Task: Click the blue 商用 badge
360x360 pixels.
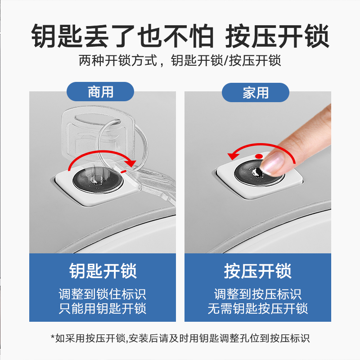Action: [x=100, y=92]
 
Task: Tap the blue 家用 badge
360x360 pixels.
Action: [x=255, y=93]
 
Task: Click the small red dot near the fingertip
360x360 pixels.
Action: [x=259, y=156]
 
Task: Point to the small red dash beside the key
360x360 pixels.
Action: [x=123, y=171]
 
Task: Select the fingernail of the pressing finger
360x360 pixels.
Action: [x=273, y=162]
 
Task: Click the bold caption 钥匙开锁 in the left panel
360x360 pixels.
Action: [x=103, y=271]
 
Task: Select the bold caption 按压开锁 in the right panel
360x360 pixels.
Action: [x=257, y=271]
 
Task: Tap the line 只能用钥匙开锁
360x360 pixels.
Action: [x=103, y=309]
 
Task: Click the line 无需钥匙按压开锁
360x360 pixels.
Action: [x=257, y=309]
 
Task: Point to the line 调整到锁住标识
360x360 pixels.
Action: [x=103, y=294]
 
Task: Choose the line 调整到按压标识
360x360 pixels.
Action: [x=257, y=294]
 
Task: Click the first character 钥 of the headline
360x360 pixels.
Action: [x=44, y=36]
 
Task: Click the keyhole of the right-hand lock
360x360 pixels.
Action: [x=258, y=172]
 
